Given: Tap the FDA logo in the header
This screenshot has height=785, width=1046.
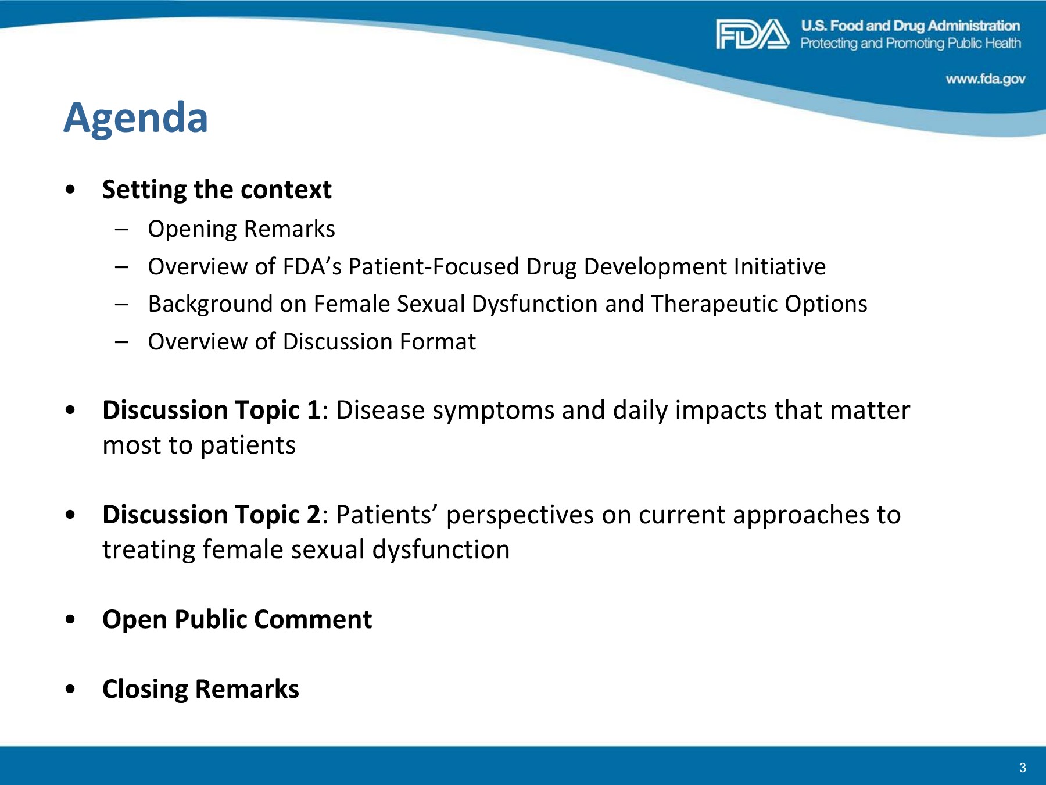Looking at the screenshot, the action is click(x=753, y=34).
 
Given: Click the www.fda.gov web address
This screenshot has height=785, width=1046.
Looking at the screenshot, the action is click(x=986, y=79).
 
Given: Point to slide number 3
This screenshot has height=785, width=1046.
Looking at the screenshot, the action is click(x=1023, y=768).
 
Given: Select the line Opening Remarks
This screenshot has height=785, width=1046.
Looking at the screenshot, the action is click(x=242, y=229).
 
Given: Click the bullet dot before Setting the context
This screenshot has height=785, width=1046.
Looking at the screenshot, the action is click(x=70, y=190).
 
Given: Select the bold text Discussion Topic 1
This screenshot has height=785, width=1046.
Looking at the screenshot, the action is click(x=212, y=411).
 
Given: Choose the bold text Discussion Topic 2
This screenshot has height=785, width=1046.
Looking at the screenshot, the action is click(x=212, y=515).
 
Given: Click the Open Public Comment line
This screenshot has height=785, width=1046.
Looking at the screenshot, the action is click(x=237, y=620).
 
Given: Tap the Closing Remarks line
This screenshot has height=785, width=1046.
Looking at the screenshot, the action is click(x=200, y=690).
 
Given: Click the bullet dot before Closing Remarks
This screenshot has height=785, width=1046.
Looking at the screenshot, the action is click(x=70, y=689).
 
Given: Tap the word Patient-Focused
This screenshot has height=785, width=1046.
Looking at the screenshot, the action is click(x=434, y=266).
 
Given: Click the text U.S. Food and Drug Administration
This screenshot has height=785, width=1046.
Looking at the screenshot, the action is click(x=911, y=26).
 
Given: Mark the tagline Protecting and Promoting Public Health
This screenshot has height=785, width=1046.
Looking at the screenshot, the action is click(x=911, y=44).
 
